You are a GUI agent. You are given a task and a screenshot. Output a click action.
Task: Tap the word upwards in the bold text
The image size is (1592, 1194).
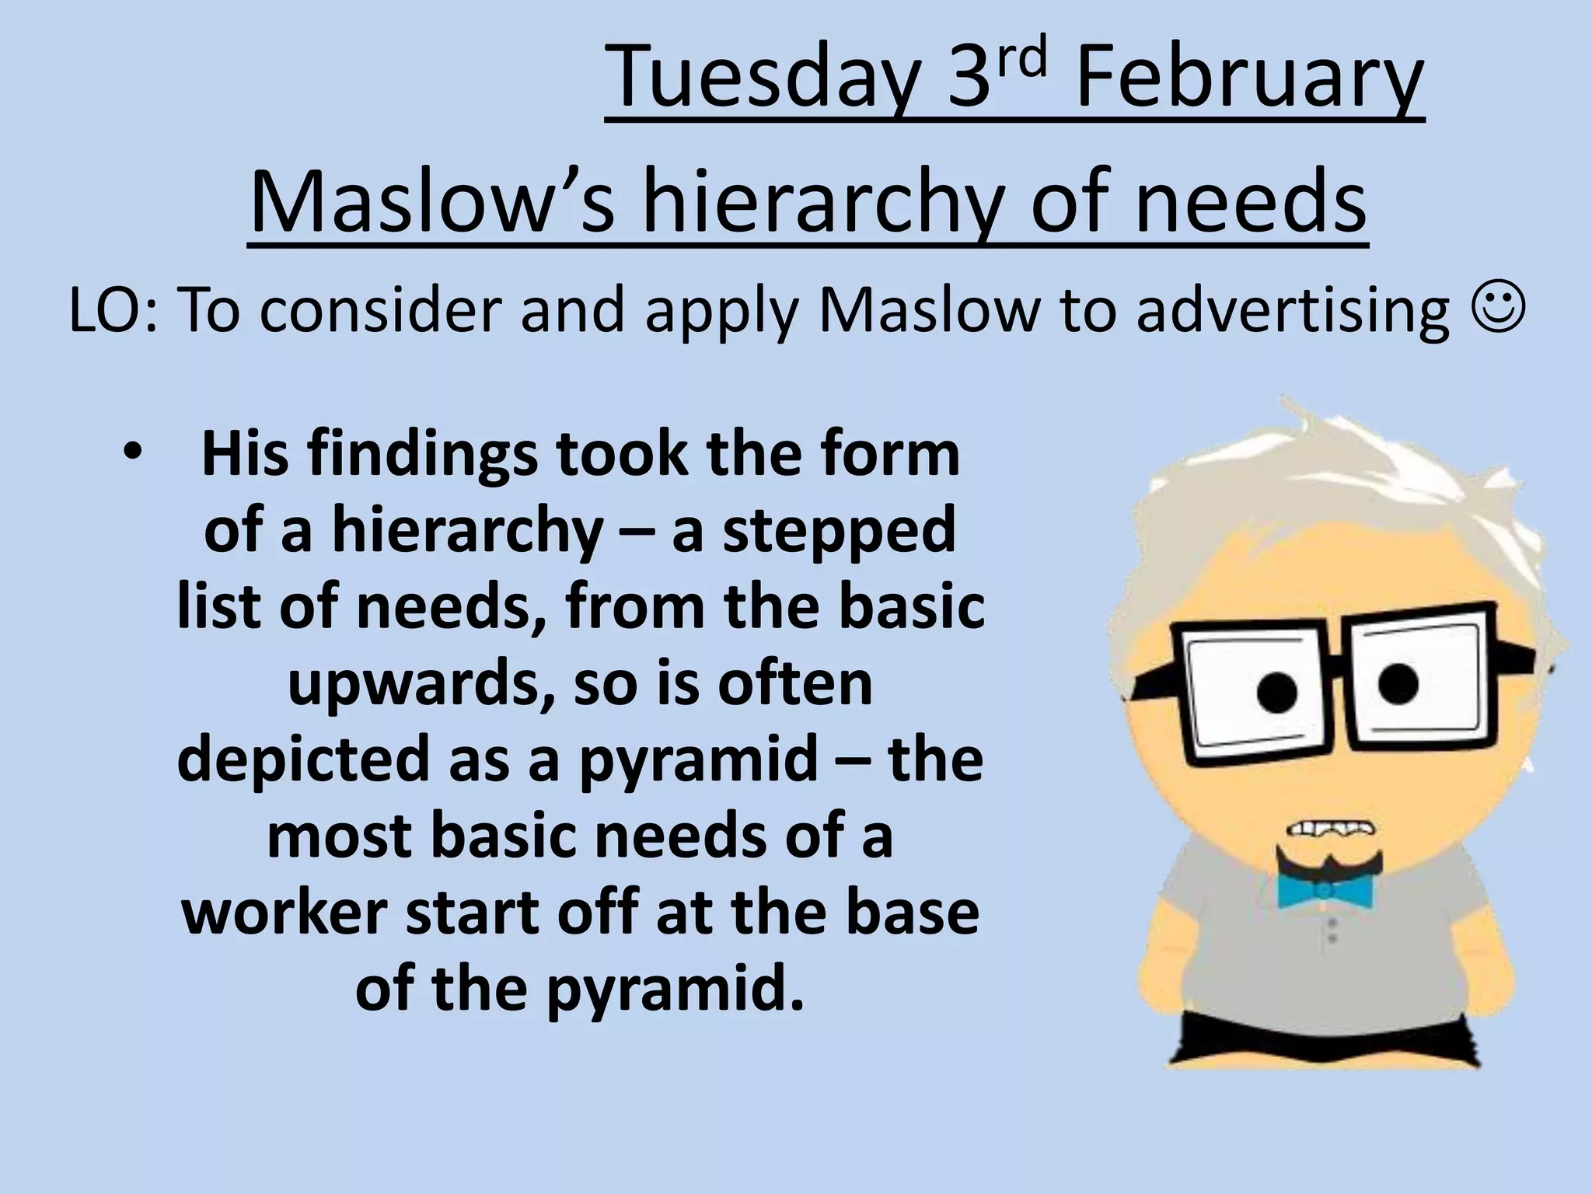click(x=421, y=684)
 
